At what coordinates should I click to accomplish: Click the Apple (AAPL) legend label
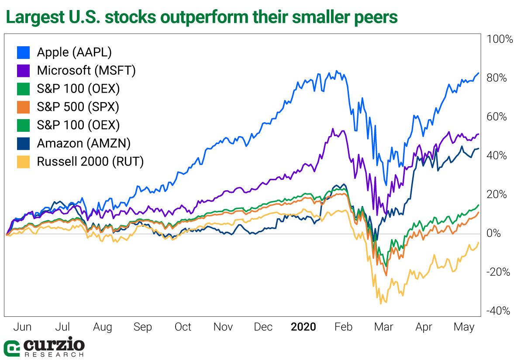pyautogui.click(x=74, y=52)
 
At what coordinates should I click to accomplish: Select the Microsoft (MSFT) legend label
pyautogui.click(x=86, y=70)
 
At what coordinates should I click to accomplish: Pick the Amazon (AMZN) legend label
pyautogui.click(x=84, y=143)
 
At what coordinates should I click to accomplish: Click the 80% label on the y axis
pyautogui.click(x=497, y=78)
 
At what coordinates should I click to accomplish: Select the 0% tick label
pyautogui.click(x=494, y=233)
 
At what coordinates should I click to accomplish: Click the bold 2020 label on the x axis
pyautogui.click(x=303, y=327)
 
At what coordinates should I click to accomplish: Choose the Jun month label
pyautogui.click(x=22, y=327)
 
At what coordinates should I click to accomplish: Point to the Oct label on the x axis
pyautogui.click(x=183, y=327)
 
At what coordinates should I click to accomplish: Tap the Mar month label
pyautogui.click(x=383, y=327)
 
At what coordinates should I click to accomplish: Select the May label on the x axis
pyautogui.click(x=464, y=327)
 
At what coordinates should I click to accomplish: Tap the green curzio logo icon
pyautogui.click(x=12, y=347)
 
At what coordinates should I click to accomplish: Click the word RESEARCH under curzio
pyautogui.click(x=54, y=355)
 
